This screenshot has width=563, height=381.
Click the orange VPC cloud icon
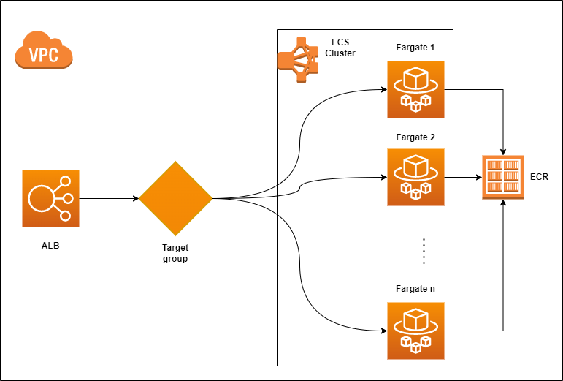click(44, 51)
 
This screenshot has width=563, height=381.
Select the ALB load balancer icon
click(50, 198)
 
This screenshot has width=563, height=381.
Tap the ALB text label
click(50, 245)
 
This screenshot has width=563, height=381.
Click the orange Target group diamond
click(175, 198)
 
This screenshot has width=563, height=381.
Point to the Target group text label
click(175, 253)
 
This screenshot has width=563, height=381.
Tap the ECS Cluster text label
click(340, 48)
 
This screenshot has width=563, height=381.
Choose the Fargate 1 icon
click(415, 89)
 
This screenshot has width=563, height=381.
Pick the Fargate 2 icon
click(415, 177)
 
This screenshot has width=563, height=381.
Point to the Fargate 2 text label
click(415, 137)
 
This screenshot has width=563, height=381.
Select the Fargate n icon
click(415, 330)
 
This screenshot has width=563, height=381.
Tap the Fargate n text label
click(415, 290)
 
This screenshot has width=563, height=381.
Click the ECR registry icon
click(502, 177)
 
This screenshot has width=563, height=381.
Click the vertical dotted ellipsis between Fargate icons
click(424, 250)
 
